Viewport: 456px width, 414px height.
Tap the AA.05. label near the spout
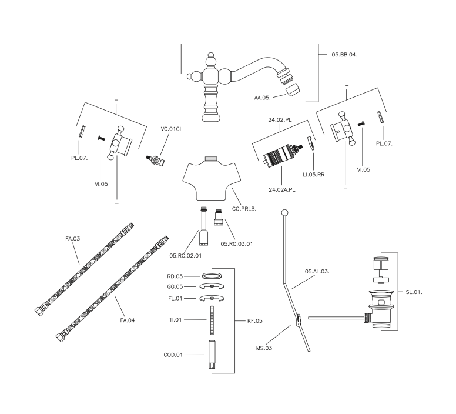[x=264, y=98]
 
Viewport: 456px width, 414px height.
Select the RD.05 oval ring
[x=212, y=275]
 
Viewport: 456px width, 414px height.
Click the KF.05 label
[x=255, y=321]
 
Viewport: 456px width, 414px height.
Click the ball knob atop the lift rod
[x=284, y=212]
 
